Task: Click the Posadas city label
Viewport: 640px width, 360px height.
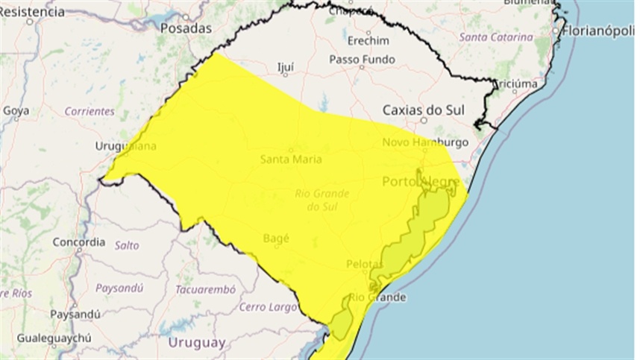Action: coord(186,28)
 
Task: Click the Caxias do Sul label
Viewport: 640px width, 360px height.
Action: coord(423,109)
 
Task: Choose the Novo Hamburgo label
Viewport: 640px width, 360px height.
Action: coord(424,142)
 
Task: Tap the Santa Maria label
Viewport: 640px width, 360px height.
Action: coord(291,159)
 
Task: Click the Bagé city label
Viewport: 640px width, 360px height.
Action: coord(276,238)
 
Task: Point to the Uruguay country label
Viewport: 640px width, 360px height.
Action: coord(197,343)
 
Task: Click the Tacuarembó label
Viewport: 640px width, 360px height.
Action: coord(205,289)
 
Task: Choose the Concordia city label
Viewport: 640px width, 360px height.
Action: coord(78,242)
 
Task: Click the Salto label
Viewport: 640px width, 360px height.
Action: coord(127,244)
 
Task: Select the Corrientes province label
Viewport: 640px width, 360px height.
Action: coord(90,111)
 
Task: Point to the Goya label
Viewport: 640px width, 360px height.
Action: coord(16,111)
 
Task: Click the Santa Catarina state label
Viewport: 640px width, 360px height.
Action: coord(496,37)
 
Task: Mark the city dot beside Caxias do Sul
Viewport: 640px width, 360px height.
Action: coord(423,119)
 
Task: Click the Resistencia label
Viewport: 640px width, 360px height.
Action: coord(32,12)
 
